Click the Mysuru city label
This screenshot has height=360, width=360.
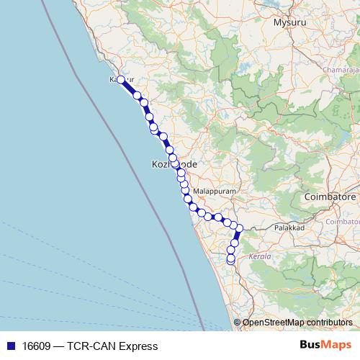point(289,22)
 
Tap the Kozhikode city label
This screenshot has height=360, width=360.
point(174,164)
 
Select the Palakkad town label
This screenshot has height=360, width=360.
point(290,227)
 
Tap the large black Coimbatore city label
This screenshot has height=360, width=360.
point(331,197)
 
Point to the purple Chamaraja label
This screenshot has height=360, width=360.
point(340,70)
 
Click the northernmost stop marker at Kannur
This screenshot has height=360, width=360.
point(121,80)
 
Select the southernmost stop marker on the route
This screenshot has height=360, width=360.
point(230,261)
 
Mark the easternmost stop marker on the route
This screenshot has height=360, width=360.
point(239,229)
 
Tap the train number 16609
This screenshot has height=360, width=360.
point(37,346)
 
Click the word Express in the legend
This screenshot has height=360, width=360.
point(140,346)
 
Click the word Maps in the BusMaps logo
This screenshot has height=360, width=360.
point(336,345)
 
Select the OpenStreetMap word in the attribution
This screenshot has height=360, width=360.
point(273,323)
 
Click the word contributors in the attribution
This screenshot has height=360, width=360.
point(328,323)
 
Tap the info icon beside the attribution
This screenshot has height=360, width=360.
point(238,323)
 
